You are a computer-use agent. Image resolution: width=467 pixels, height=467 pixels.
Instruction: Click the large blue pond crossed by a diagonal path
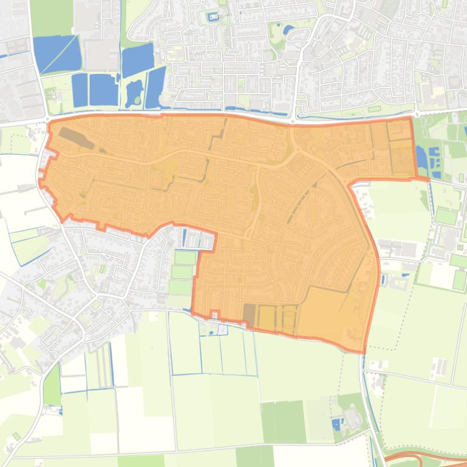[56, 53]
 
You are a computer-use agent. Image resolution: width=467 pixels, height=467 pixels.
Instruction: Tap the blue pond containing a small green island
[134, 92]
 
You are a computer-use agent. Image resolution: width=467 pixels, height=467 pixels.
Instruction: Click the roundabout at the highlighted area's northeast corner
[417, 113]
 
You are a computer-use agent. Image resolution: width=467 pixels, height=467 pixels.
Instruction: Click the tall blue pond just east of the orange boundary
[421, 158]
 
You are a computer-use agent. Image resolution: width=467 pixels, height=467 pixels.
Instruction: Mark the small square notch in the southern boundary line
[214, 314]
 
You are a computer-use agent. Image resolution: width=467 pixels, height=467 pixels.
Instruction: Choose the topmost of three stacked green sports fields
[186, 258]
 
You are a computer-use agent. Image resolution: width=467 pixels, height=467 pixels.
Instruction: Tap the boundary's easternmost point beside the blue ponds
[429, 179]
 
